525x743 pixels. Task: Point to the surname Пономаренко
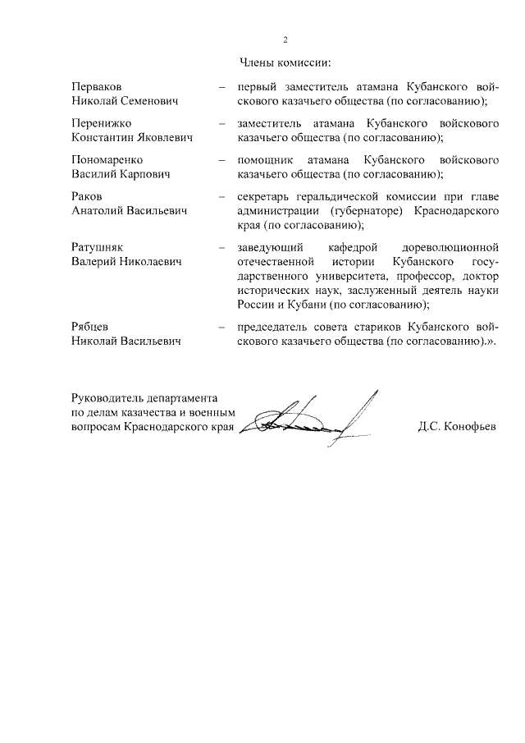click(107, 159)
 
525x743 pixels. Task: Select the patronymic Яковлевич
click(164, 137)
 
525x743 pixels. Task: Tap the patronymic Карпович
click(144, 174)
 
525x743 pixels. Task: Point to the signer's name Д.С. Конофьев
click(459, 428)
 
